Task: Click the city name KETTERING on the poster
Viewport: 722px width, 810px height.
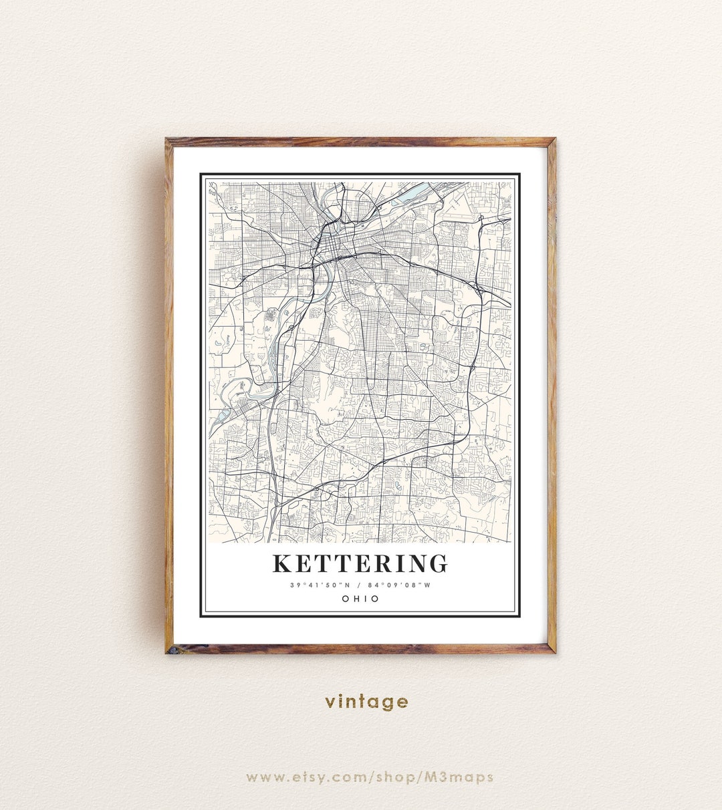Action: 360,563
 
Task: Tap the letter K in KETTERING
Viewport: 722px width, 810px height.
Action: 281,563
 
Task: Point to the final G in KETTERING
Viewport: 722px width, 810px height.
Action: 438,563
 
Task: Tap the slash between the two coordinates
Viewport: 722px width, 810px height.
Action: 360,585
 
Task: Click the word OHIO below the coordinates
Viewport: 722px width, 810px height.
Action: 360,599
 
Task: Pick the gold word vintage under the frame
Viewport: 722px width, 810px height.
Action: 366,701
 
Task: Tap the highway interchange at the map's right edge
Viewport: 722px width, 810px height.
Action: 479,289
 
